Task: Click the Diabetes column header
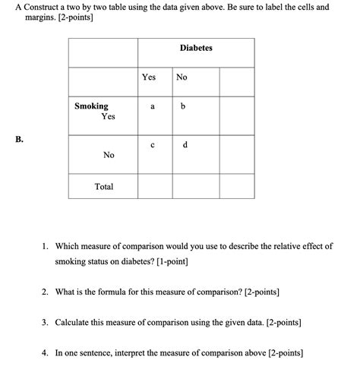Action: pos(196,49)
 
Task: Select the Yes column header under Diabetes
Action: pos(148,77)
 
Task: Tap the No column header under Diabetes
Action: pos(182,77)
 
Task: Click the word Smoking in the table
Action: pos(91,106)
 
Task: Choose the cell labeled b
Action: pos(183,107)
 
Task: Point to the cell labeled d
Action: pos(185,145)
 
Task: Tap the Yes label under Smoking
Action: pos(108,117)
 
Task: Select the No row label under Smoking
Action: pos(109,155)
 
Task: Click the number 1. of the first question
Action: pos(46,246)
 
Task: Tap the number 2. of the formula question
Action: pos(46,291)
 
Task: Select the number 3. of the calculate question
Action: pos(46,322)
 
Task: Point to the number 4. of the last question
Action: pos(46,353)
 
